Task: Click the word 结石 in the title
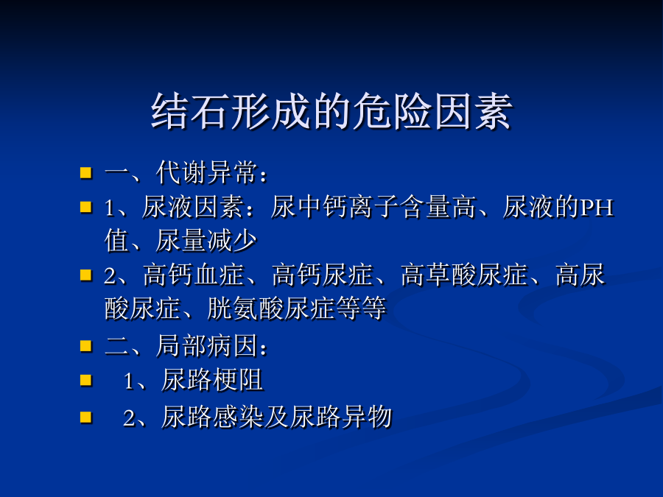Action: click(x=191, y=111)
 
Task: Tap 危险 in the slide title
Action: click(x=392, y=111)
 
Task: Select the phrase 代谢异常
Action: click(x=206, y=172)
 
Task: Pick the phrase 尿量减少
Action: click(x=206, y=241)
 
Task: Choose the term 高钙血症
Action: click(x=193, y=275)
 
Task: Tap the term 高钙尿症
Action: click(x=322, y=275)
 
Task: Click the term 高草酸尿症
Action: click(x=464, y=275)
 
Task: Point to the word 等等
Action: click(x=361, y=308)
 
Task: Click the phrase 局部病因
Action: click(x=206, y=346)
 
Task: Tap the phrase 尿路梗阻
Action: click(x=212, y=380)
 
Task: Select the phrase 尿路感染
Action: click(x=212, y=417)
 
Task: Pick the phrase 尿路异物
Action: click(x=341, y=417)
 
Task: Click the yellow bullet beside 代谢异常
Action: click(x=86, y=173)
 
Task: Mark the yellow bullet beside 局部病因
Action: click(x=86, y=346)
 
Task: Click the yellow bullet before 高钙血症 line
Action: click(x=86, y=275)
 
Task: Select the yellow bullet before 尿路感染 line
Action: click(x=86, y=417)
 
